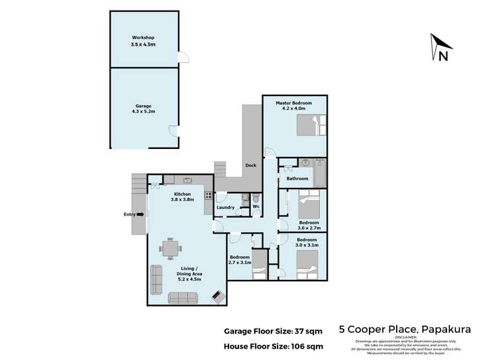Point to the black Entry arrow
pyautogui.click(x=140, y=214)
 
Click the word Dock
pyautogui.click(x=250, y=165)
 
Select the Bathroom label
pyautogui.click(x=297, y=179)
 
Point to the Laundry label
pyautogui.click(x=225, y=208)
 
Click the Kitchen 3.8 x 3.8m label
pyautogui.click(x=182, y=197)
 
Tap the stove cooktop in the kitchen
pyautogui.click(x=208, y=195)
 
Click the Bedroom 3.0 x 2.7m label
pyautogui.click(x=308, y=226)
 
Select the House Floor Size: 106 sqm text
pyautogui.click(x=271, y=346)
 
